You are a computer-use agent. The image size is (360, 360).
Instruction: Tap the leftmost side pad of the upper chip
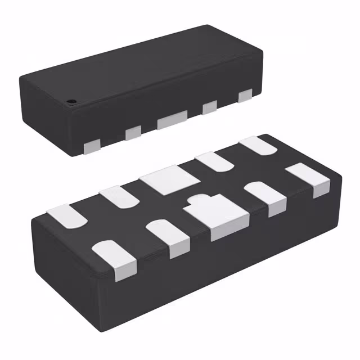coord(91,147)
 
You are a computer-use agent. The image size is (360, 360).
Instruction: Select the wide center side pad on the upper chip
coord(172,120)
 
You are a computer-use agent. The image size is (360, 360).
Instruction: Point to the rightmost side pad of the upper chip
coord(245,96)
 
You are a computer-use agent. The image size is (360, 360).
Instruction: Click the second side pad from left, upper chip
coord(133,133)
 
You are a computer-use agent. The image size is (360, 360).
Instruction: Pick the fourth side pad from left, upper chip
coord(210,106)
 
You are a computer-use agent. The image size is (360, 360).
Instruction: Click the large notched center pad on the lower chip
coord(216,217)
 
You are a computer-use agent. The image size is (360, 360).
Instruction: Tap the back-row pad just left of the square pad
coord(120,196)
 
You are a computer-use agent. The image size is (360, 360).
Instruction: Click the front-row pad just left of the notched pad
coord(169,237)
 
